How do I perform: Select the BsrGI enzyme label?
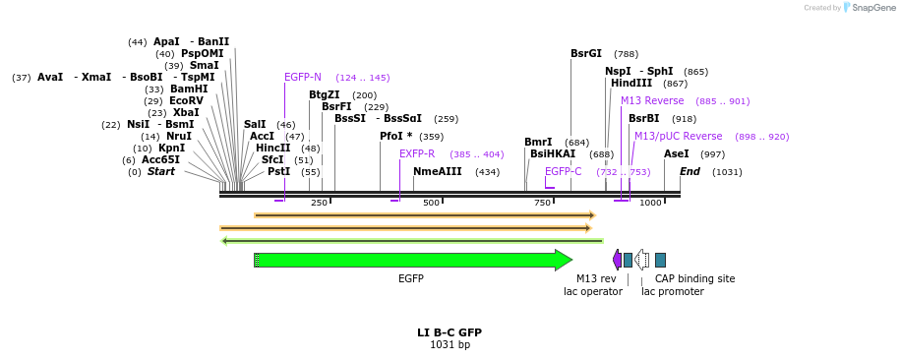pyautogui.click(x=585, y=54)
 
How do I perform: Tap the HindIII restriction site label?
pyautogui.click(x=630, y=84)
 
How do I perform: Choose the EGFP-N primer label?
pyautogui.click(x=303, y=77)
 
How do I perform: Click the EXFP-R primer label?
pyautogui.click(x=417, y=154)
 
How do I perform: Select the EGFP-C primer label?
pyautogui.click(x=563, y=171)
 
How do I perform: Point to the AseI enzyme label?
pyautogui.click(x=676, y=154)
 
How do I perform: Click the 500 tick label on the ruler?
pyautogui.click(x=431, y=203)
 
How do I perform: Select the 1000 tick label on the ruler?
pyautogui.click(x=650, y=203)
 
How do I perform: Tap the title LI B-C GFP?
pyautogui.click(x=450, y=332)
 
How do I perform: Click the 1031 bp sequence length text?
pyautogui.click(x=450, y=345)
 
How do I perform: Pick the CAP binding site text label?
pyautogui.click(x=694, y=278)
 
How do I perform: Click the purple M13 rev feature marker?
pyautogui.click(x=617, y=260)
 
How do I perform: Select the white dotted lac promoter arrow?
pyautogui.click(x=642, y=260)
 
